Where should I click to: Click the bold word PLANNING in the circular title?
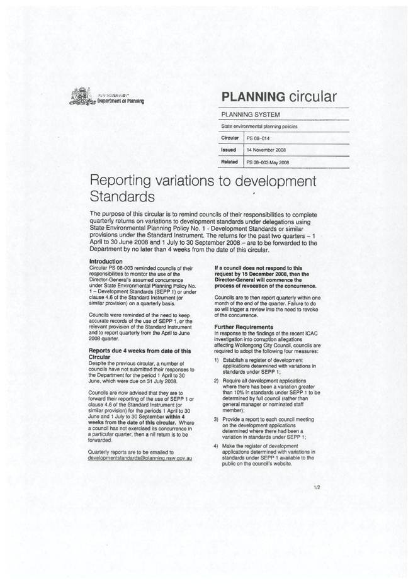pos(251,96)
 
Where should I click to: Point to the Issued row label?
pos(228,150)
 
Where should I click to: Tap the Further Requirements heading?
pos(243,327)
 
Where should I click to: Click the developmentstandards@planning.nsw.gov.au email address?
pos(140,458)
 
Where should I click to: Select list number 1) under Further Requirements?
pos(217,359)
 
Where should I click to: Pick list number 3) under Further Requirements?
pos(217,419)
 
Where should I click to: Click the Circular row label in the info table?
pos(229,137)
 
